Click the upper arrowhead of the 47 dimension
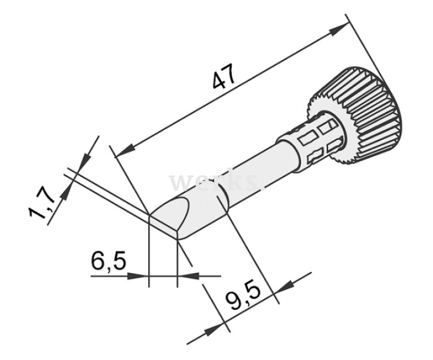[340, 28]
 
